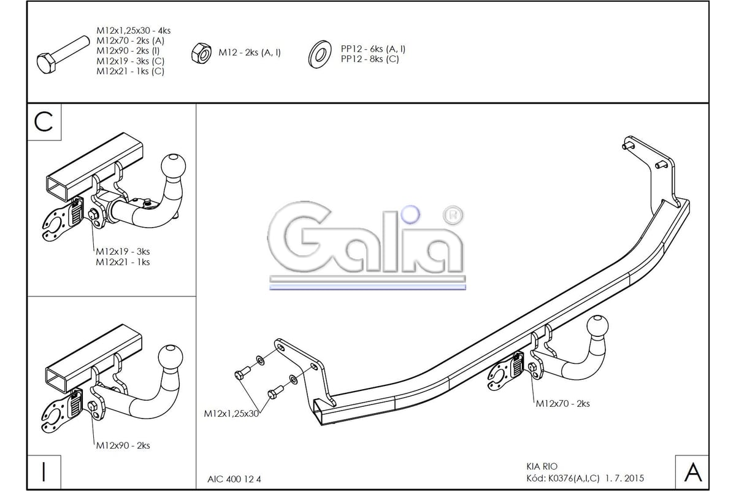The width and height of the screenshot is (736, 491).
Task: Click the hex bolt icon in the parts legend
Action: (63, 55)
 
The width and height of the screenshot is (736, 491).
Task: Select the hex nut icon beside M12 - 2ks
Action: (201, 53)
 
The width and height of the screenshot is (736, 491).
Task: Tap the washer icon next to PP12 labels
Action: (320, 55)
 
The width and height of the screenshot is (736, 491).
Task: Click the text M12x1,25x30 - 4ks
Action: (134, 31)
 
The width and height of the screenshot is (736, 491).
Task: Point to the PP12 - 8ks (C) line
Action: (370, 59)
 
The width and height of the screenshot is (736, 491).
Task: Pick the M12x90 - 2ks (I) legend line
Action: (128, 51)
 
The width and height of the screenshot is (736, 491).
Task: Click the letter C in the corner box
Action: (44, 122)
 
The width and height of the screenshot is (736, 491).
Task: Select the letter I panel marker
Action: (44, 472)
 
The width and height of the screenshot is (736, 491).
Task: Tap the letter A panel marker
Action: (692, 472)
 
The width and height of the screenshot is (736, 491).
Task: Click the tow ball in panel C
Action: (173, 166)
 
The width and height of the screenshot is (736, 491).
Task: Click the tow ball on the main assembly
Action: (597, 328)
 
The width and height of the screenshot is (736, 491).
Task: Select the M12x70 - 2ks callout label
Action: (563, 403)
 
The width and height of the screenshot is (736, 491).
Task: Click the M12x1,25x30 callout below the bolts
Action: (231, 414)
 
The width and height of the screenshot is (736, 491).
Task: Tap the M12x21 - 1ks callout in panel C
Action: (123, 262)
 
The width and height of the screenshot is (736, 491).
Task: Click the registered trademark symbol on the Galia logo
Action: (453, 215)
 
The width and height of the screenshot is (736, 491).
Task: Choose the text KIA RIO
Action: (542, 466)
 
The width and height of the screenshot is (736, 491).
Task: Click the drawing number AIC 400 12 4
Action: (234, 479)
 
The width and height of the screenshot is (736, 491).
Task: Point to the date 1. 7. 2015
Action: (624, 478)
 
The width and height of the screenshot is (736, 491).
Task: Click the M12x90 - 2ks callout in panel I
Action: (123, 446)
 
